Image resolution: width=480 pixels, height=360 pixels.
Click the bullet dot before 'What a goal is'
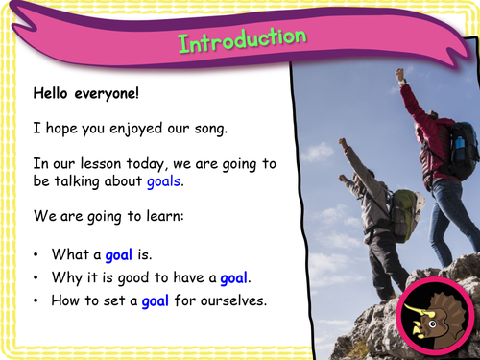37,254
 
